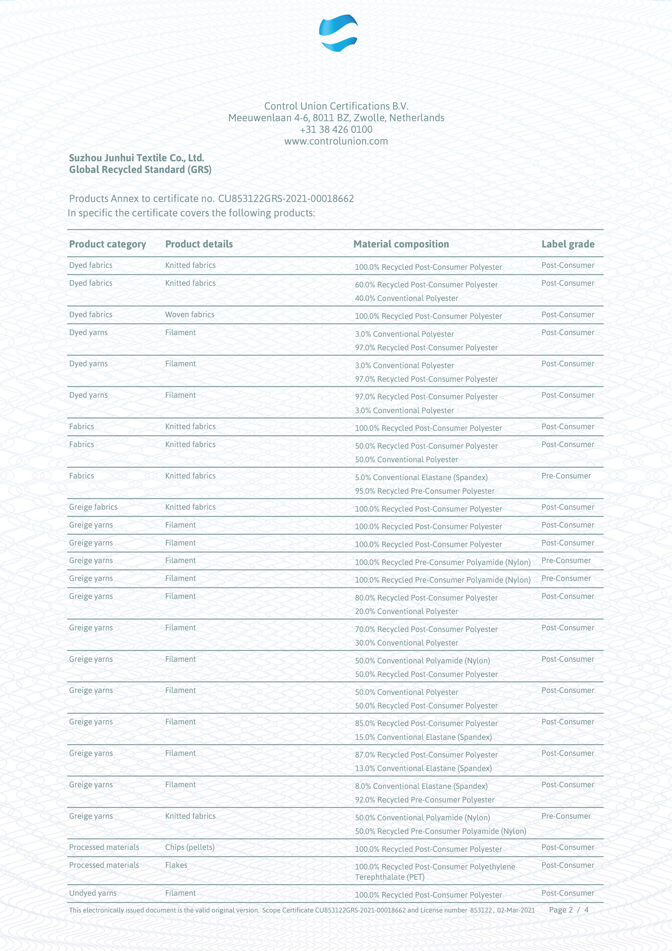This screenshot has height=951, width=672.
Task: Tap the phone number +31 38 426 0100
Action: pos(336,130)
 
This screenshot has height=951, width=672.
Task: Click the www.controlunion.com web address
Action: pos(336,141)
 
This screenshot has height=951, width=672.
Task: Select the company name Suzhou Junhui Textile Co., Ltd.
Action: pos(136,158)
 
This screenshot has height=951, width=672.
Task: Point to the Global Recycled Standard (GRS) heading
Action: pos(140,169)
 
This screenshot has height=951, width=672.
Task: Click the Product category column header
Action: pos(107,244)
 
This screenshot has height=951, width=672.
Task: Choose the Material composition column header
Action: pos(401,244)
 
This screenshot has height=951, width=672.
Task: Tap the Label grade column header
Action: pos(568,244)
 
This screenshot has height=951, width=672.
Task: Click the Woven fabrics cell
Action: pos(190,314)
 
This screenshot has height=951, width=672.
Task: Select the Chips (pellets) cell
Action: pos(190,847)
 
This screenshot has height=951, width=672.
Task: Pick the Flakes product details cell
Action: pos(176,865)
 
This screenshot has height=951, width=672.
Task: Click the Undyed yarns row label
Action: pos(93,893)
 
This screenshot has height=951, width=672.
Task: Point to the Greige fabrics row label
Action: pos(93,507)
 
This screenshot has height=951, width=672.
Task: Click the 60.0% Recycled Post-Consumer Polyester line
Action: pos(426,285)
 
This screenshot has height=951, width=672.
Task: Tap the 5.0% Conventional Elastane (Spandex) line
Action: pos(421,477)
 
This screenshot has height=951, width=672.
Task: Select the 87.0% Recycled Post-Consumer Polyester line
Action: pos(426,755)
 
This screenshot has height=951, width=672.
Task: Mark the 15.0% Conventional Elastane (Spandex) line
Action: pos(423,737)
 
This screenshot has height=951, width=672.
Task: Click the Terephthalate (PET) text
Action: pos(390,877)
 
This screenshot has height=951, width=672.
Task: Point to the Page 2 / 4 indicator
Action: pos(568,910)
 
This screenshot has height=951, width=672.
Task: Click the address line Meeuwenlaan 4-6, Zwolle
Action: pos(336,118)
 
